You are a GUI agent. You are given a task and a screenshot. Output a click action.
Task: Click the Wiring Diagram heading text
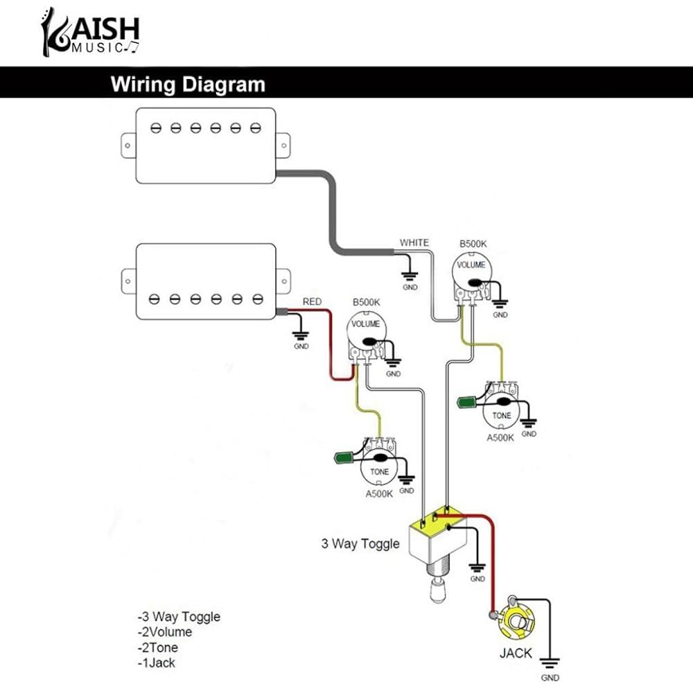188,84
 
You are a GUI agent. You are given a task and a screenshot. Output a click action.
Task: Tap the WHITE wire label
414,243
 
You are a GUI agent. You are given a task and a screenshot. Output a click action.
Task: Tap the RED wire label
312,301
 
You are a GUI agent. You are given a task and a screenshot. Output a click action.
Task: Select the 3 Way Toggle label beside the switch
360,543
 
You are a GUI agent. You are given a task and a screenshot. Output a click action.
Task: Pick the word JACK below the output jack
516,653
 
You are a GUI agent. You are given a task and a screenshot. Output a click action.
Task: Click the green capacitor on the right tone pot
466,402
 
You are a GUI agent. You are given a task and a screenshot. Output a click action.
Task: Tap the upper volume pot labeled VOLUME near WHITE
472,277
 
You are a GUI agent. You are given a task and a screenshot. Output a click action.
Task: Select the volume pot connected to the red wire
367,336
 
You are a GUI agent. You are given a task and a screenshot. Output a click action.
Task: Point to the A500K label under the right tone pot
500,437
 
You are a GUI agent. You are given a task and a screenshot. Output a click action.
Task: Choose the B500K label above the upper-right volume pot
473,243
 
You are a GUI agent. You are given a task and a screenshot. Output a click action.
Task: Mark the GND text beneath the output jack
550,678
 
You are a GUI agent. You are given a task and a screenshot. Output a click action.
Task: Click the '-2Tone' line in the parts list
158,647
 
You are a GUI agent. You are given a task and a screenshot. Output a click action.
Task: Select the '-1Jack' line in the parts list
157,663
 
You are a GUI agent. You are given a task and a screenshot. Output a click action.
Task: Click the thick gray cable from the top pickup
333,212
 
